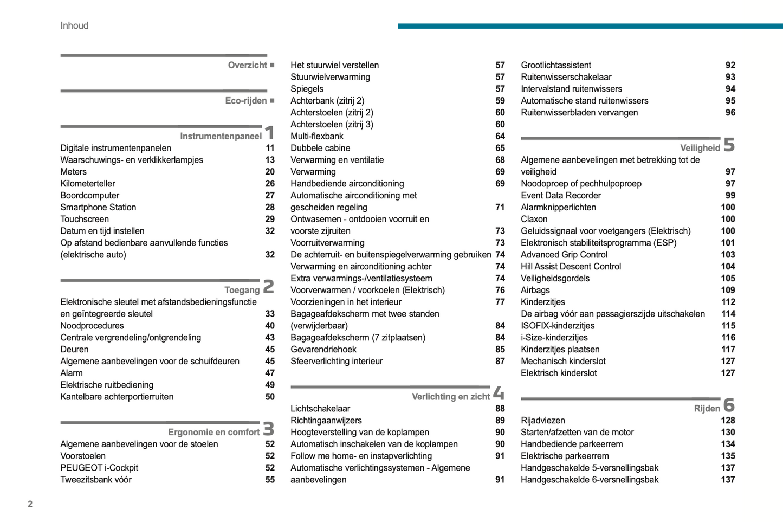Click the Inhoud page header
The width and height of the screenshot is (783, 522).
pos(74,25)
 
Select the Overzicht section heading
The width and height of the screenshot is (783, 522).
pos(247,65)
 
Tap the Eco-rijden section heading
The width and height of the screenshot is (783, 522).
pos(245,101)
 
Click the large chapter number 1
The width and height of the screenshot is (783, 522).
pos(269,133)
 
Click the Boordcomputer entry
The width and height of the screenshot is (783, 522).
pos(89,196)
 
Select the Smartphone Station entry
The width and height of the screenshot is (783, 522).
pos(98,208)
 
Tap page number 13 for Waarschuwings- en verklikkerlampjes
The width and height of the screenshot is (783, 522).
pos(270,160)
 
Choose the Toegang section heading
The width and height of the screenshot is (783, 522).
pos(242,290)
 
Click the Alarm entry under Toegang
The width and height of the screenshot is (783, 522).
pos(72,373)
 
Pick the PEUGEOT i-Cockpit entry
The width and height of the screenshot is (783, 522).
pos(99,468)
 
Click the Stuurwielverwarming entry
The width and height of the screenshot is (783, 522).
pos(330,77)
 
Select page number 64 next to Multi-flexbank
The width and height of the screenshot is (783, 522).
pos(500,136)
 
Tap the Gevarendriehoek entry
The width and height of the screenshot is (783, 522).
pos(323,350)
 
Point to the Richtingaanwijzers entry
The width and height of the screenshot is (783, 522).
pos(326,421)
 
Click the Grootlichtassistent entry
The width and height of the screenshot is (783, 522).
pos(555,65)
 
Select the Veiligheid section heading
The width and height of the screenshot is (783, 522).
pos(700,148)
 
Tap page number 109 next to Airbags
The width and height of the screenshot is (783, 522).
pos(728,290)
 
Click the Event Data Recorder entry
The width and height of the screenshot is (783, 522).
pos(560,196)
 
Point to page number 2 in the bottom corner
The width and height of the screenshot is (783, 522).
pos(30,504)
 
